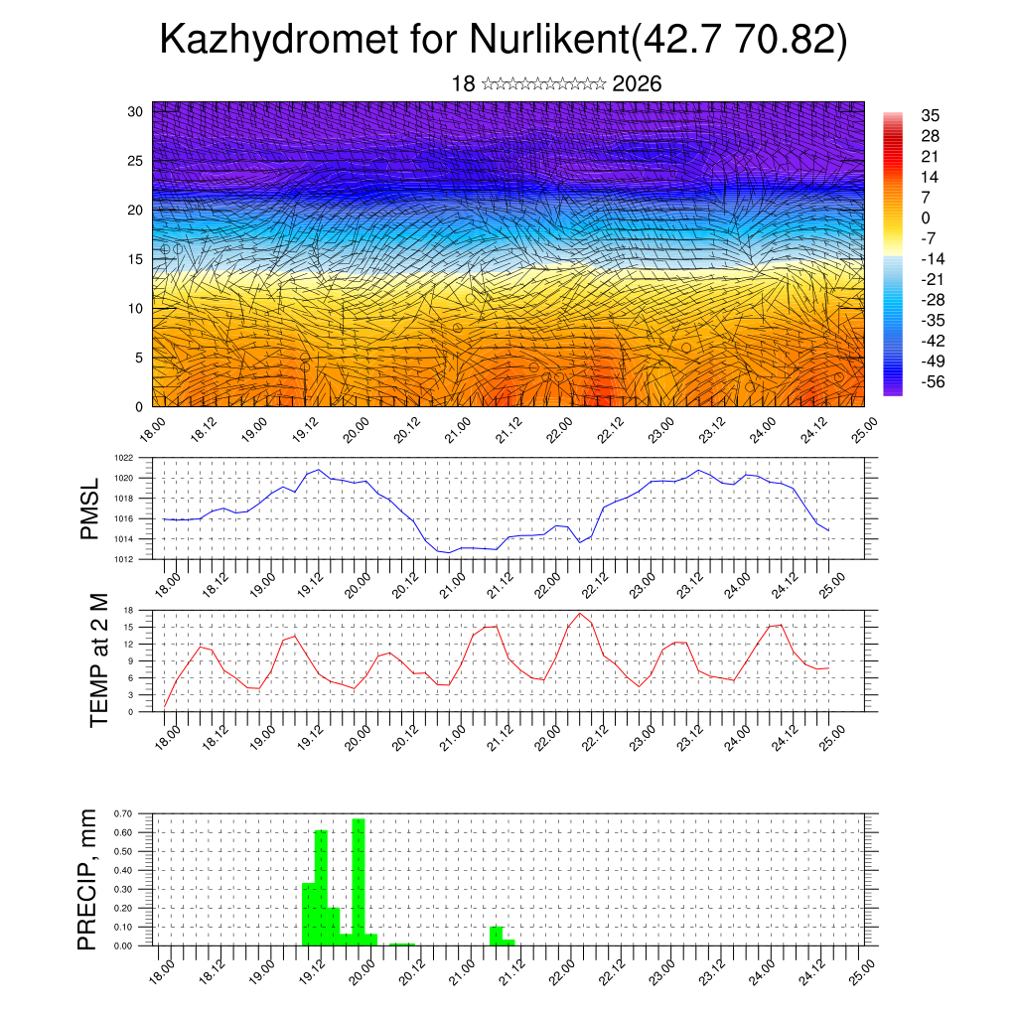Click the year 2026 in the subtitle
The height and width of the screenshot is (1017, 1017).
tap(637, 84)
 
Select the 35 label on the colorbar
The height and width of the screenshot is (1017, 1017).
tap(931, 115)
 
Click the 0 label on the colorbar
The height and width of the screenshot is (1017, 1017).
tap(926, 218)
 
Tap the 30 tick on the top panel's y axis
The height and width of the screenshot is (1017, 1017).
tap(135, 111)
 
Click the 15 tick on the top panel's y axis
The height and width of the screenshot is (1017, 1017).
tap(135, 259)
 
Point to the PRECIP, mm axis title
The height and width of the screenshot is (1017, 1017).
tap(89, 879)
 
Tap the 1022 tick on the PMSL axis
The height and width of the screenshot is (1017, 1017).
tap(124, 458)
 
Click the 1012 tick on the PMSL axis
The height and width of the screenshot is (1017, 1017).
tap(124, 559)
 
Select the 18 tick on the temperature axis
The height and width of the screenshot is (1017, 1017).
tap(128, 610)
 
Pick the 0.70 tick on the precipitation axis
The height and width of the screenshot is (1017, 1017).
tap(123, 813)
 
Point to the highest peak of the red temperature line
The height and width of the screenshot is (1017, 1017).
tap(580, 613)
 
